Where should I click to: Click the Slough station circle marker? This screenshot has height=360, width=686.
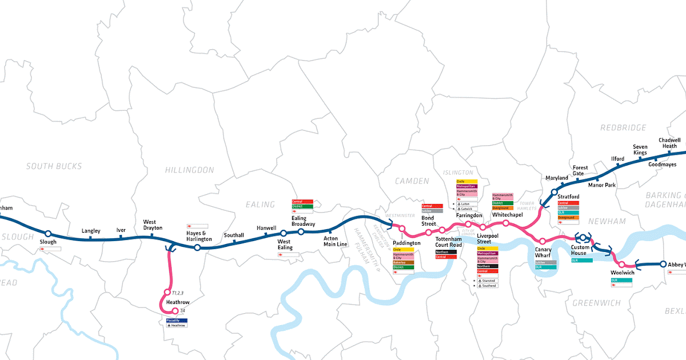(x=48, y=233)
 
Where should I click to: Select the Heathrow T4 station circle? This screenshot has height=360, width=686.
(x=175, y=311)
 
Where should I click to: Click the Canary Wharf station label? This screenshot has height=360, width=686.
(x=543, y=252)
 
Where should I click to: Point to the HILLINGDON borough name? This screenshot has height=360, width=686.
(x=189, y=170)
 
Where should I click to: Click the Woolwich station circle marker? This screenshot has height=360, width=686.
(x=623, y=265)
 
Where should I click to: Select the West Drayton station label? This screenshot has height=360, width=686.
(x=153, y=225)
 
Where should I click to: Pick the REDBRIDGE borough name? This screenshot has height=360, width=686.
(x=623, y=127)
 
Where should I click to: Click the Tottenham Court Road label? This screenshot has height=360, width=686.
(x=448, y=242)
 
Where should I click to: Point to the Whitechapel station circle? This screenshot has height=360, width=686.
(x=506, y=223)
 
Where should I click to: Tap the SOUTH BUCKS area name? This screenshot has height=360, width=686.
(x=54, y=166)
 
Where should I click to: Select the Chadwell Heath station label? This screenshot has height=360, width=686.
(x=669, y=143)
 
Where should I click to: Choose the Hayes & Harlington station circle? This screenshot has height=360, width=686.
(x=197, y=247)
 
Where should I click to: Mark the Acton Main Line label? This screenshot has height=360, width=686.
(x=335, y=241)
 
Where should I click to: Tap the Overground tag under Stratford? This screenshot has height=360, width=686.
(x=569, y=217)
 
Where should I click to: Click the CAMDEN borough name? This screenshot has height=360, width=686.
(x=412, y=181)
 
